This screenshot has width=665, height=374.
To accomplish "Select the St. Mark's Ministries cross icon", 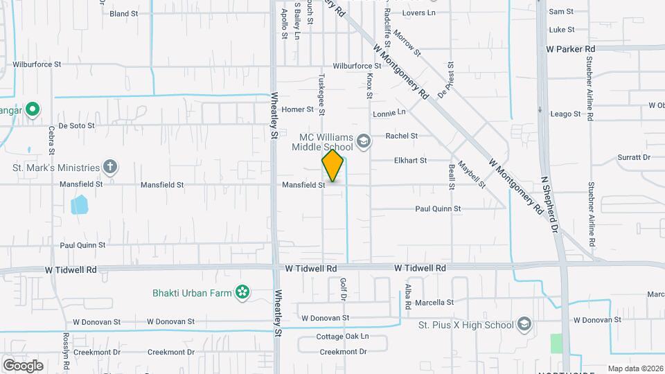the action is coord(109,166).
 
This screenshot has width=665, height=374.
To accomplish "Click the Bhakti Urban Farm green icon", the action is coord(242,293).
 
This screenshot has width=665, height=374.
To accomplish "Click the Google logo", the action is coord(23,366).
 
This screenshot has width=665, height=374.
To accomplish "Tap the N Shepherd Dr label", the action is coord(550,205).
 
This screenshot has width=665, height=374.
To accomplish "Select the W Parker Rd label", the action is coord(571,49).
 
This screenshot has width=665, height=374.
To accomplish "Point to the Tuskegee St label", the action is coord(321,95).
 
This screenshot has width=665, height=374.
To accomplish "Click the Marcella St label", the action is coord(434,303).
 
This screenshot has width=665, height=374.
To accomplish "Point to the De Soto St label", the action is coord(76,126).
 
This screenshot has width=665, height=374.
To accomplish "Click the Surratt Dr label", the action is coord(633,157).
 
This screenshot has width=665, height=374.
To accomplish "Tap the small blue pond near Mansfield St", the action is coord(80,204).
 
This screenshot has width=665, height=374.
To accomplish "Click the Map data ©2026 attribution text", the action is coord(635,368).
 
